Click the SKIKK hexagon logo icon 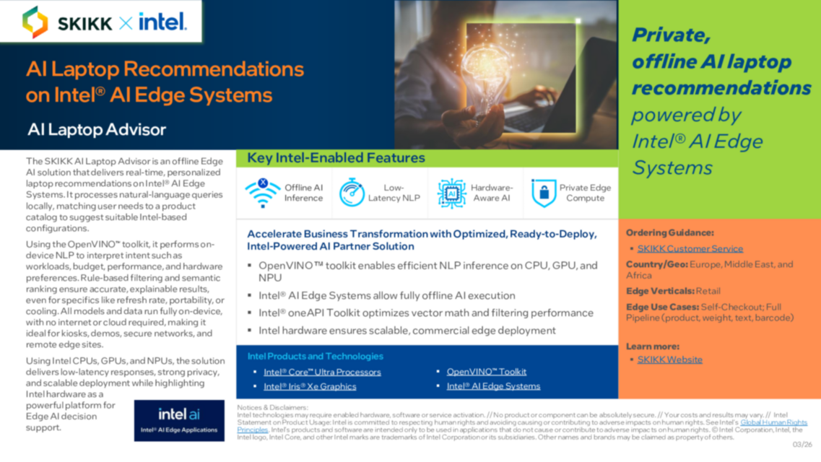pos(35,22)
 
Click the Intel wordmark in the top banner pos(162,22)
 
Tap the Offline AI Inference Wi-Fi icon pos(261,193)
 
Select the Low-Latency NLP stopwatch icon pos(352,193)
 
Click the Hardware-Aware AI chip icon pos(451,193)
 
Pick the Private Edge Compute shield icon pos(543,193)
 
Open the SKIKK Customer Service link pos(690,248)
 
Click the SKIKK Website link pos(669,359)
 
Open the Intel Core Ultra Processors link pos(322,372)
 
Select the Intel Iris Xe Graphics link pos(310,386)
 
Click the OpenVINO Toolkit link pos(486,372)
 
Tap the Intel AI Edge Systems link pos(493,386)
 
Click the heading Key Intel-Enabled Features pos(336,157)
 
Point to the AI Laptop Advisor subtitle pos(97,130)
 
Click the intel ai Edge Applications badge pos(179,420)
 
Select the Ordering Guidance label pos(669,233)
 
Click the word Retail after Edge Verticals pos(709,291)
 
